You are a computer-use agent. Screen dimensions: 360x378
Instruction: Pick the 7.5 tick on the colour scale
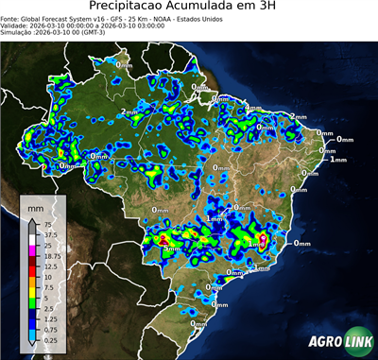[x=46, y=288]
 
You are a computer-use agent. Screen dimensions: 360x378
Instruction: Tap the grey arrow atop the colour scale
[x=32, y=220]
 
